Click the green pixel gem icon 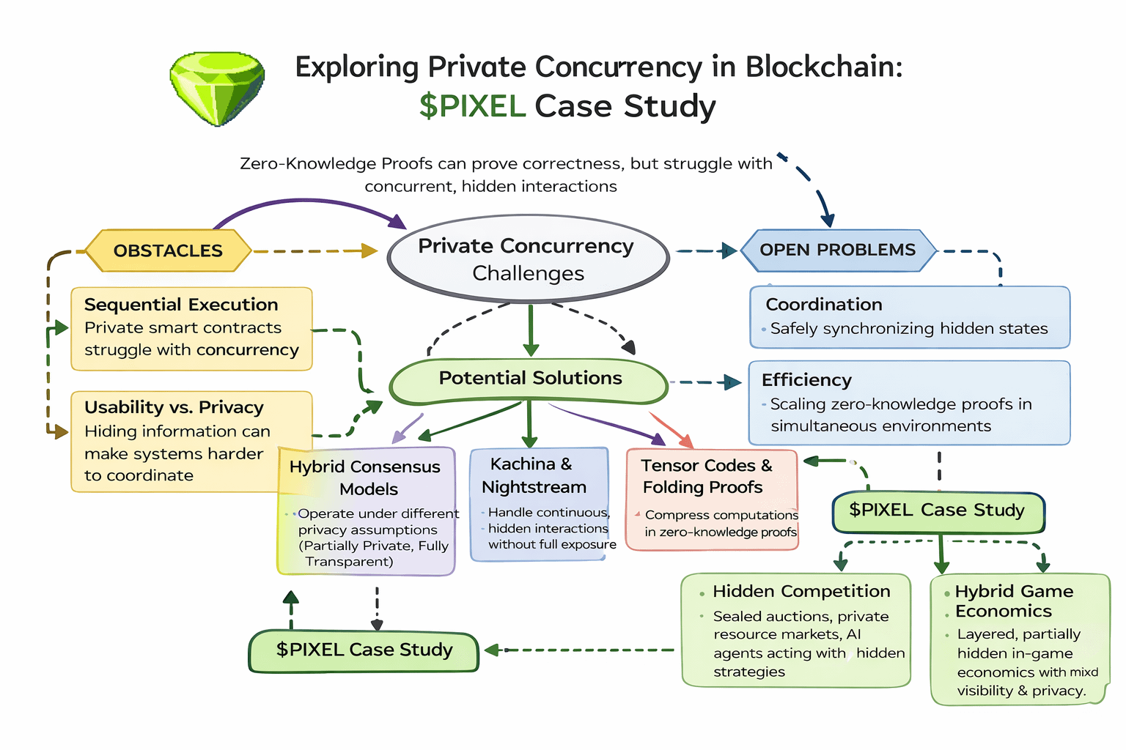pyautogui.click(x=218, y=88)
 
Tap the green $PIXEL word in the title pyautogui.click(x=472, y=106)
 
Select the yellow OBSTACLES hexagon pyautogui.click(x=168, y=250)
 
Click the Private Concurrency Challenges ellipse pyautogui.click(x=528, y=259)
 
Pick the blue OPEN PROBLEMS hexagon pyautogui.click(x=837, y=250)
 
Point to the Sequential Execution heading pyautogui.click(x=181, y=305)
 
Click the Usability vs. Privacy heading pyautogui.click(x=174, y=407)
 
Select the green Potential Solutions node pyautogui.click(x=529, y=379)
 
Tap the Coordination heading pyautogui.click(x=823, y=305)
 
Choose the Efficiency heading pyautogui.click(x=806, y=380)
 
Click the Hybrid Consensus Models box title pyautogui.click(x=366, y=478)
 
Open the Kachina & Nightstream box pyautogui.click(x=540, y=504)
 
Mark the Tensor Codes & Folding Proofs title pyautogui.click(x=706, y=476)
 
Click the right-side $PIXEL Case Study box pyautogui.click(x=937, y=510)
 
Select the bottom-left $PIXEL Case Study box pyautogui.click(x=364, y=650)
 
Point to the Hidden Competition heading pyautogui.click(x=801, y=591)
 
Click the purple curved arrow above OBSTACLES pyautogui.click(x=308, y=204)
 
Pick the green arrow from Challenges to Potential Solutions pyautogui.click(x=531, y=330)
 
